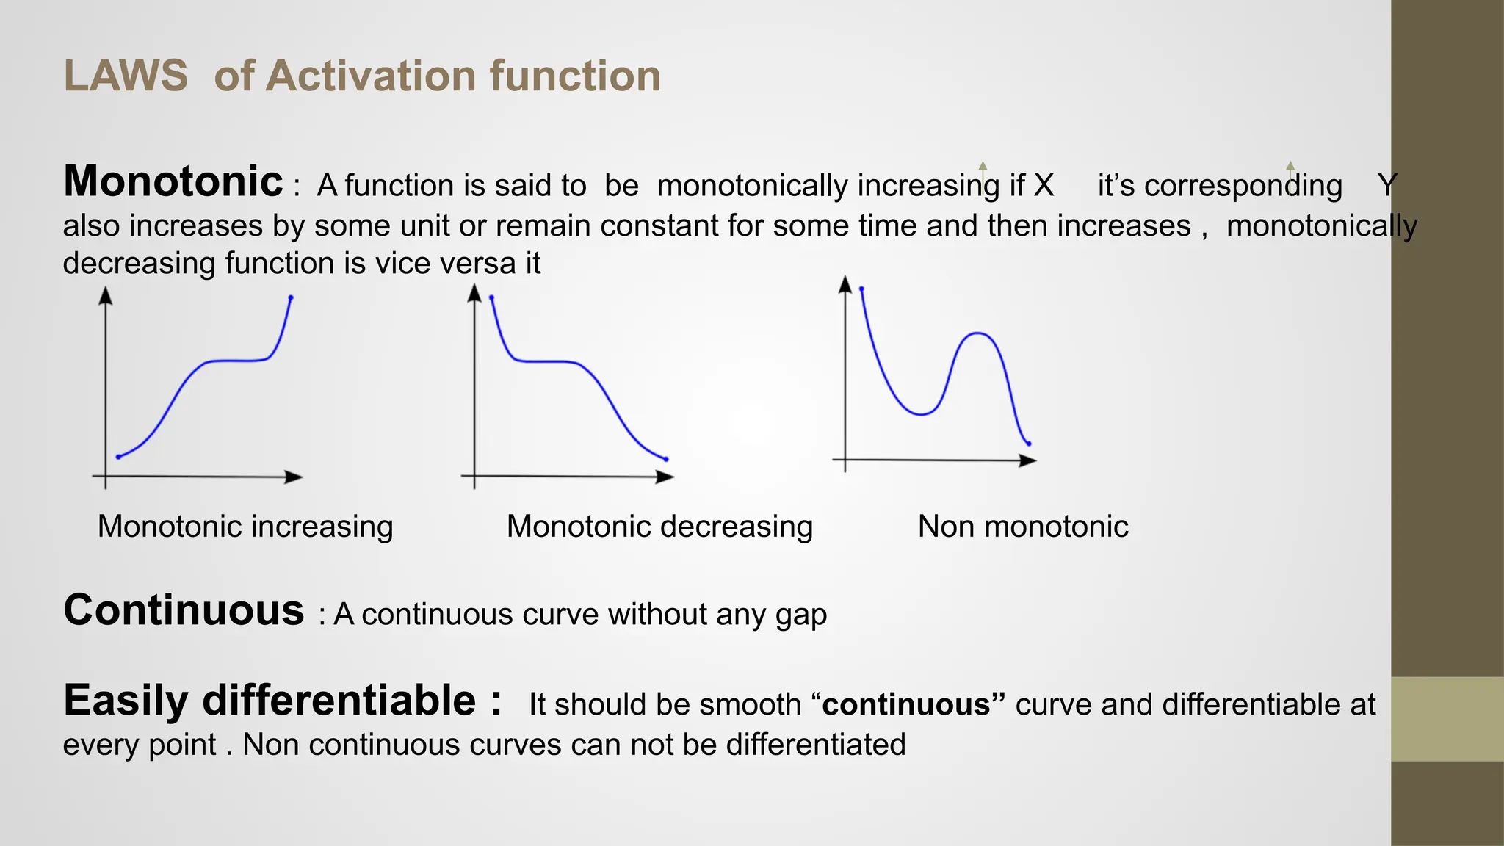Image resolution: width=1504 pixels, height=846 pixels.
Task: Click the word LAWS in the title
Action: pos(126,76)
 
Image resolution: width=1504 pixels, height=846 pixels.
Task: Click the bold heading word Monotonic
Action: pos(173,181)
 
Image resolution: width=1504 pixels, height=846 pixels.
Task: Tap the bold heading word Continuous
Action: pos(184,610)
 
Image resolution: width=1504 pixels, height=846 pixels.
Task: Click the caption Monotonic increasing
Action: pos(245,527)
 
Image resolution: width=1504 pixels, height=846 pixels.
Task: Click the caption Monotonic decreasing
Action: pos(659,527)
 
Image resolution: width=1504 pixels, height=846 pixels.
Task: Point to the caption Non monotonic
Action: pos(1022,527)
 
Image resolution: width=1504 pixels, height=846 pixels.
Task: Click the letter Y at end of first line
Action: pos(1386,185)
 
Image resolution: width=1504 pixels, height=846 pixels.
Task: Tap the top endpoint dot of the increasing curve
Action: pos(291,297)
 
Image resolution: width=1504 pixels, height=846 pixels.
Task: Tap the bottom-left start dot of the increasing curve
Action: pos(118,457)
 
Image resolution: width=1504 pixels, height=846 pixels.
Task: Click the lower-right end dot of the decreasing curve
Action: pos(666,459)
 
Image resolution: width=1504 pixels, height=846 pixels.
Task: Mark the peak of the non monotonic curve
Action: pos(977,333)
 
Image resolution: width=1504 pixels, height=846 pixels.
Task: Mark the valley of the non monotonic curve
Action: pos(921,415)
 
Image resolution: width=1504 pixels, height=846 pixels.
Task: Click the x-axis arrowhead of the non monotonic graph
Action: pos(1028,460)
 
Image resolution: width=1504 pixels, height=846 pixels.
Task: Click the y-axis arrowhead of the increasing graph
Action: pos(106,295)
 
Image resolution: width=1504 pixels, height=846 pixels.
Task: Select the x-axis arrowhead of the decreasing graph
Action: pos(665,477)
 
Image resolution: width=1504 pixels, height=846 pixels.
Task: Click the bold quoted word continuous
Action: pos(907,704)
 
